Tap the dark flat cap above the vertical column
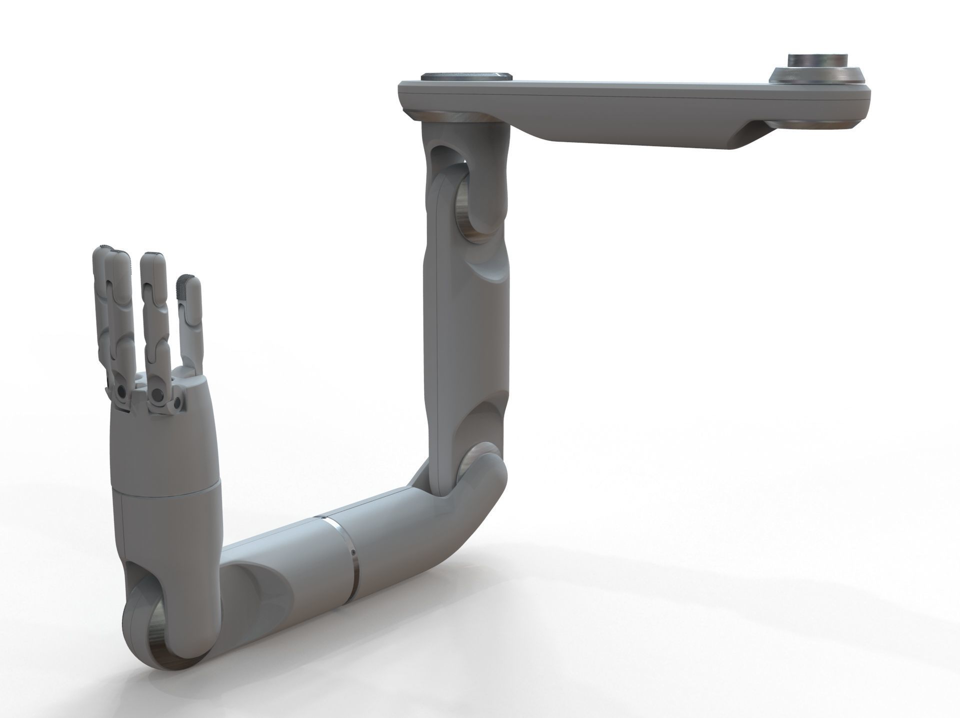coord(465,76)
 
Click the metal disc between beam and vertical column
coord(454,116)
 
